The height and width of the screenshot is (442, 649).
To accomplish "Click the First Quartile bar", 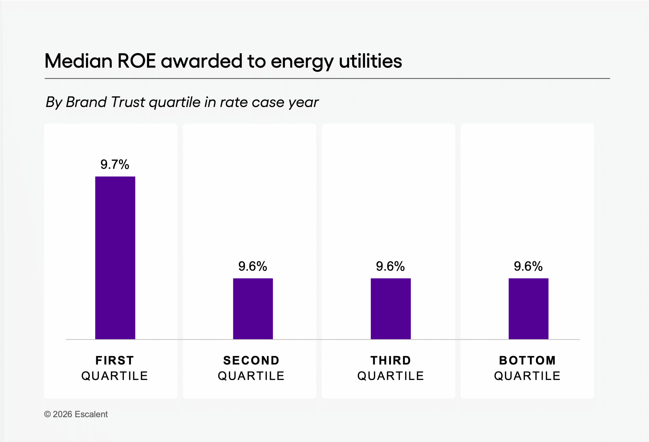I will [115, 258].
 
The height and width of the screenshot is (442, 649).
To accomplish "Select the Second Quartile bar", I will [253, 308].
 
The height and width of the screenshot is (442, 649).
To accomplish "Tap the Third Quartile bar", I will [390, 308].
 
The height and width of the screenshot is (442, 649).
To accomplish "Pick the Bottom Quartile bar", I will [528, 308].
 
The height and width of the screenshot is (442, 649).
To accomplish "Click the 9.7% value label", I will [115, 164].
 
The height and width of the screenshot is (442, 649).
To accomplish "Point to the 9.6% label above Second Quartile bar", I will [253, 266].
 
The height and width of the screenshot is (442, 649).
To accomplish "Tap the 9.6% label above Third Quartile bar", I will [390, 266].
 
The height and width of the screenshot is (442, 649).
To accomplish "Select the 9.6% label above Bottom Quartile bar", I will [528, 266].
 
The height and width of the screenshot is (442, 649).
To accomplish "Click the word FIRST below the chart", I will [115, 360].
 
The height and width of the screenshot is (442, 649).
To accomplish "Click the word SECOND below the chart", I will [251, 360].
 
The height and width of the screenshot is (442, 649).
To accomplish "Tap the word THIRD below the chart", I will [391, 360].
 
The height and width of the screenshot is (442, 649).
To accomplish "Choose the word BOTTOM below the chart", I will [527, 360].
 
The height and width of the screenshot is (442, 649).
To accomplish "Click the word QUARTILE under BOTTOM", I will [527, 376].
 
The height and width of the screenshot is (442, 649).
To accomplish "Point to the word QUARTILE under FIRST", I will [115, 376].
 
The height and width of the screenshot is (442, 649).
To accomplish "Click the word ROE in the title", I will [136, 61].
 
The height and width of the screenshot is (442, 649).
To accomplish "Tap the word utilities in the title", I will [370, 61].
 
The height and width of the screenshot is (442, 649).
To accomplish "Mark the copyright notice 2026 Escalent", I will [76, 414].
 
